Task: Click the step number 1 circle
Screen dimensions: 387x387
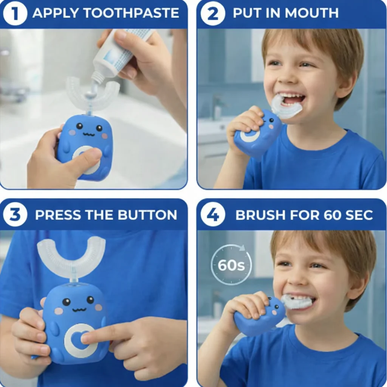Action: pyautogui.click(x=15, y=13)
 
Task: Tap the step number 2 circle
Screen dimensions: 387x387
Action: pyautogui.click(x=213, y=13)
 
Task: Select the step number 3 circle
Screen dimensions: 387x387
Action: pyautogui.click(x=15, y=215)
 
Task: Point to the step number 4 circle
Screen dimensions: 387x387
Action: pyautogui.click(x=213, y=215)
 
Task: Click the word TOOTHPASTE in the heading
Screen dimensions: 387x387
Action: pyautogui.click(x=131, y=13)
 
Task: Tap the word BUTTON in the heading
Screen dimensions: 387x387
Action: pyautogui.click(x=147, y=215)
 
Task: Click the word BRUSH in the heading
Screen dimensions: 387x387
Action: pyautogui.click(x=261, y=215)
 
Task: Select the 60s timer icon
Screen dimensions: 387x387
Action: pyautogui.click(x=231, y=265)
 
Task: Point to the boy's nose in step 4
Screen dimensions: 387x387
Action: pyautogui.click(x=297, y=278)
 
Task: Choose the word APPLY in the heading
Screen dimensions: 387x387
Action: pyautogui.click(x=56, y=13)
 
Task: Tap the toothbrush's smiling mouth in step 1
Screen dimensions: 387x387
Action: pyautogui.click(x=89, y=135)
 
